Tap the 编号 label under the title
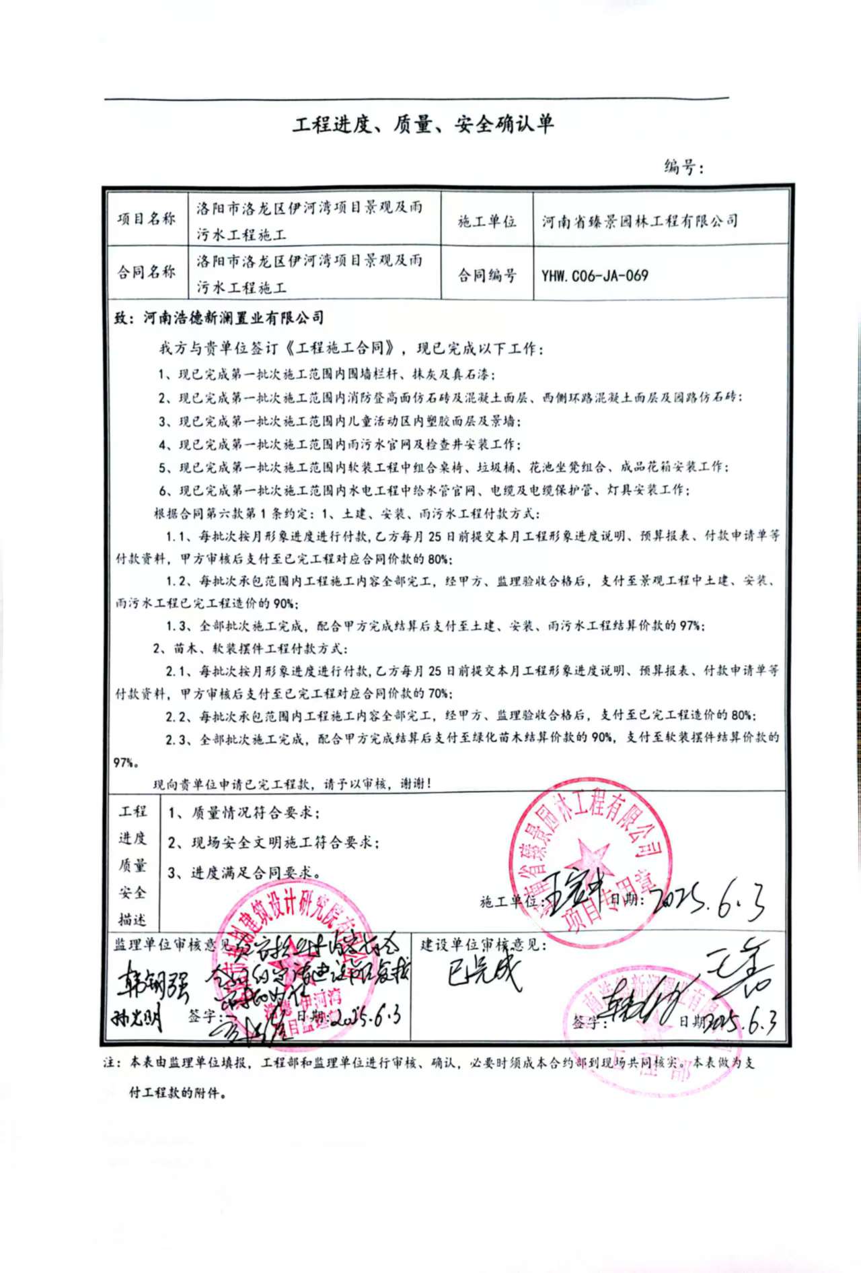[x=682, y=166]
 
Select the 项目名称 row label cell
[x=147, y=219]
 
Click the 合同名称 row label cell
[x=147, y=272]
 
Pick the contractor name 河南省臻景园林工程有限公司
[x=640, y=221]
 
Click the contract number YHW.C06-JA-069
[x=595, y=275]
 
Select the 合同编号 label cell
[x=487, y=275]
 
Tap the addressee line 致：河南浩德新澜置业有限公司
[x=219, y=318]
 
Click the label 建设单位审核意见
[x=483, y=944]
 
